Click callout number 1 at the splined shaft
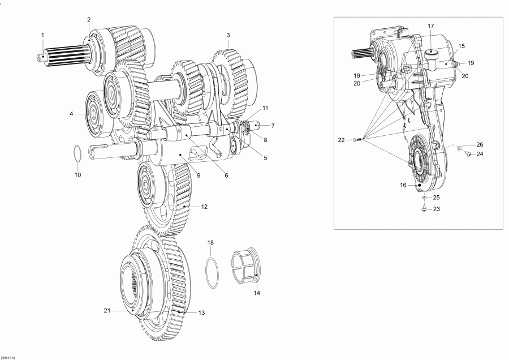tap(42, 36)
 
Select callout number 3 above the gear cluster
tap(228, 35)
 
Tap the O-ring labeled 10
tap(78, 153)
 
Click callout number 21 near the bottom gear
tap(106, 310)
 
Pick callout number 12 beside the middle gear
tap(204, 207)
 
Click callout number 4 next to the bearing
tap(71, 114)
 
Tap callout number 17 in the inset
tap(430, 27)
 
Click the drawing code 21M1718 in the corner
tap(8, 357)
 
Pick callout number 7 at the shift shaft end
tap(273, 126)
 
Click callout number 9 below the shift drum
tap(199, 175)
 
